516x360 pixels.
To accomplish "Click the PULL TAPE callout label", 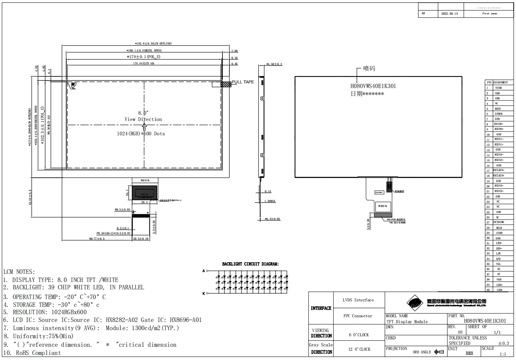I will (243, 82).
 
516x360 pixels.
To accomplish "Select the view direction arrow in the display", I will (144, 126).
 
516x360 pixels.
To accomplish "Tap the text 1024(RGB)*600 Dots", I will (141, 133).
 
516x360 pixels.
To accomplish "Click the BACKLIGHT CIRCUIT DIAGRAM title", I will (250, 264).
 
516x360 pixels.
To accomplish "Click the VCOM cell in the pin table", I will (498, 88).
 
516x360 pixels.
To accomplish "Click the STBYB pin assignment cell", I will (498, 114).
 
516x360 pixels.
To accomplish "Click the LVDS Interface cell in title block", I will (358, 300).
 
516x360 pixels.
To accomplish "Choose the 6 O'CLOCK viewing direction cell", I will (358, 335).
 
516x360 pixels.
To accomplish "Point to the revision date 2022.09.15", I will (450, 14).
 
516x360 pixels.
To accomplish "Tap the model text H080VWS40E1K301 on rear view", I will (373, 86).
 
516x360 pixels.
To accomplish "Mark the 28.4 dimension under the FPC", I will (144, 202).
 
